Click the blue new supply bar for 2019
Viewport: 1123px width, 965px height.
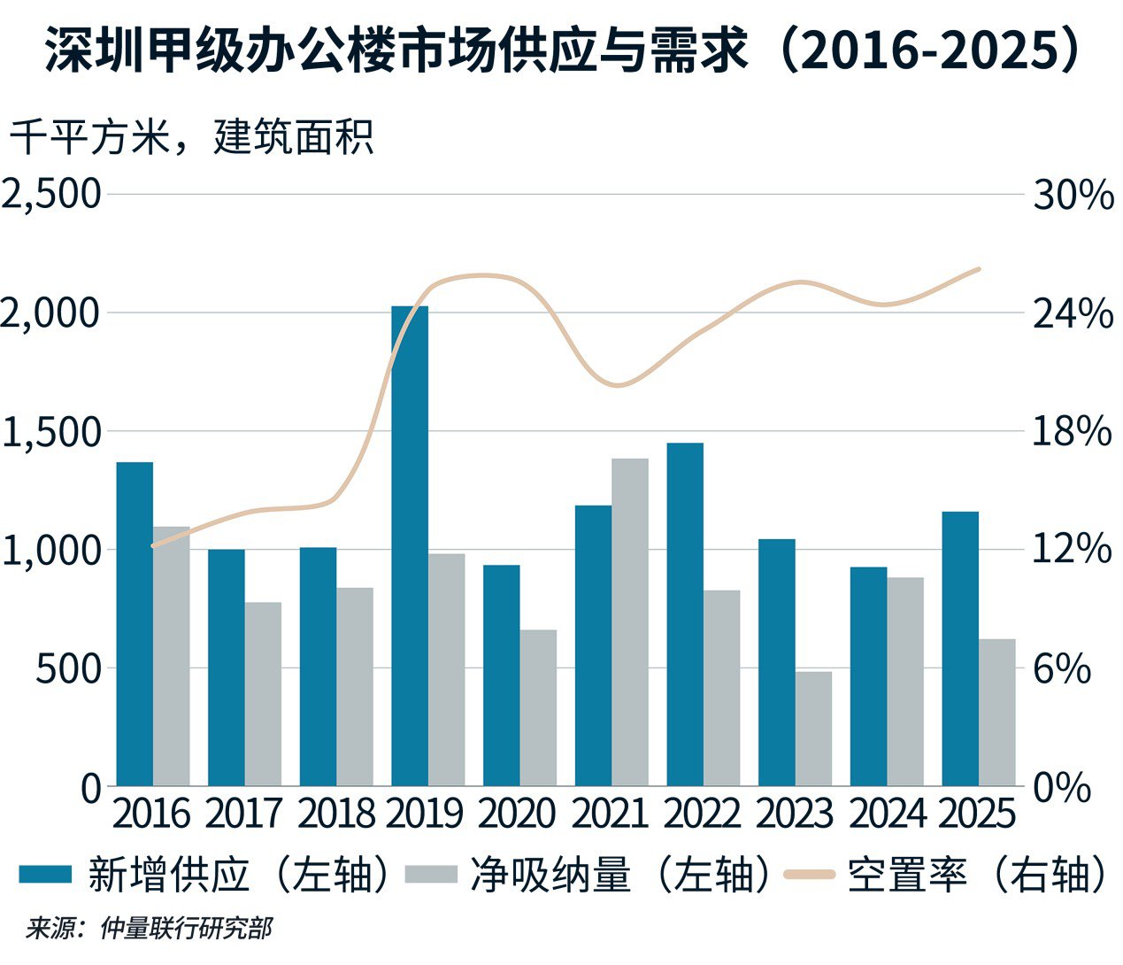(x=410, y=545)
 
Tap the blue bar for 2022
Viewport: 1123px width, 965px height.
(x=685, y=614)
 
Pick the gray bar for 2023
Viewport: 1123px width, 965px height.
(x=813, y=728)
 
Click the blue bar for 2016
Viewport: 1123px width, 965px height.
(x=135, y=623)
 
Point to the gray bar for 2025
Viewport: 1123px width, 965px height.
(x=996, y=712)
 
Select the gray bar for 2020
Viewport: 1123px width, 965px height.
(x=538, y=707)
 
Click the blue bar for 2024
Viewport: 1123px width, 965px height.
(x=868, y=675)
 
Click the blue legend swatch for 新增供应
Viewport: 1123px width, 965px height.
(x=44, y=875)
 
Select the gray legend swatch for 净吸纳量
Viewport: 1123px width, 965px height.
(x=431, y=875)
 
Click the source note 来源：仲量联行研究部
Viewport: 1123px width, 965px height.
(x=148, y=929)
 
